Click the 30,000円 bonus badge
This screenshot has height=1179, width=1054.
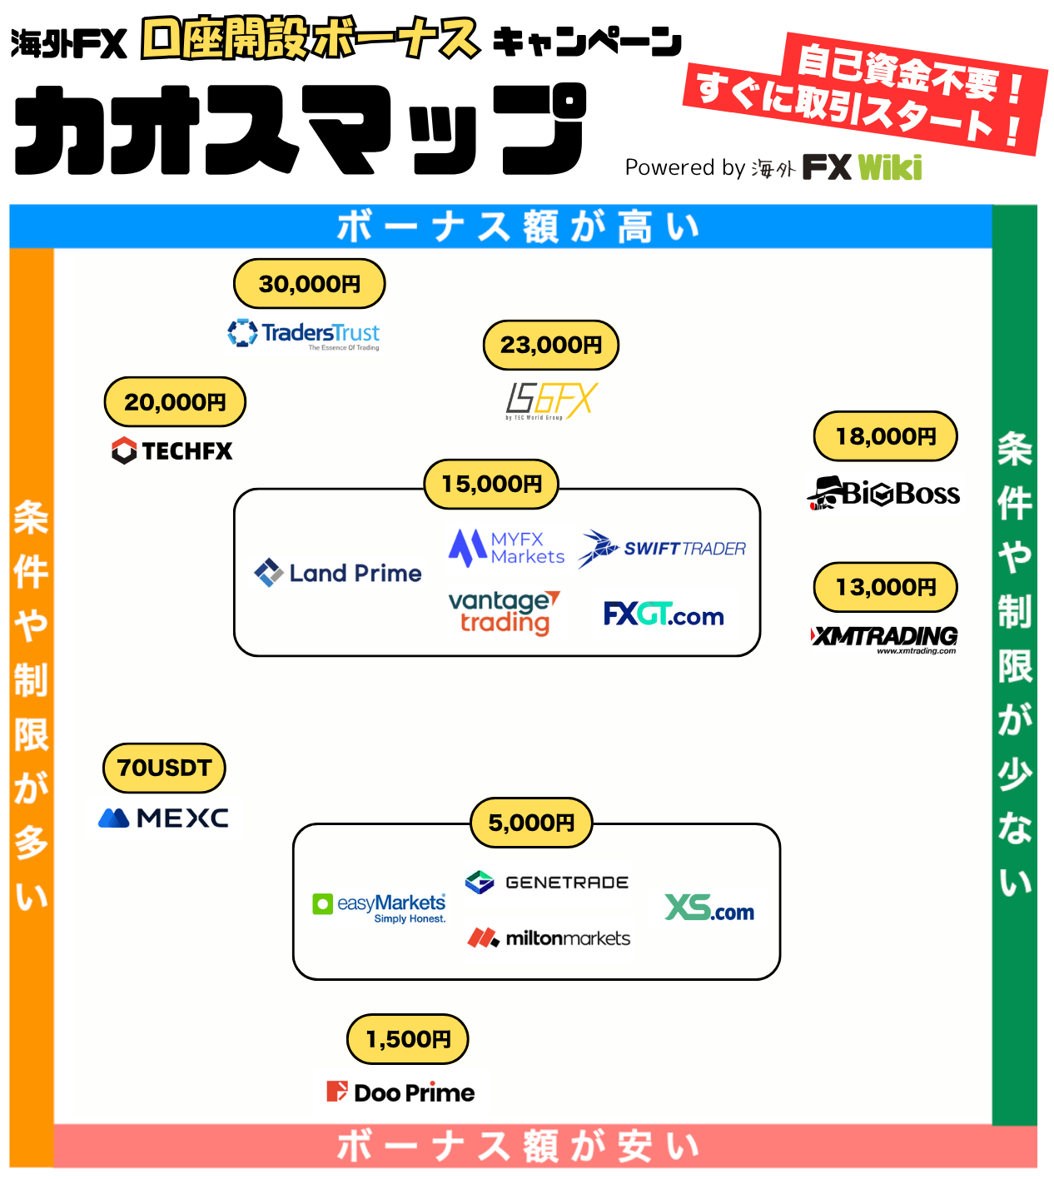[309, 283]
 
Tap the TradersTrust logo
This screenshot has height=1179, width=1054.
[303, 334]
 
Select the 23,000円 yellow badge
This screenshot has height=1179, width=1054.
[550, 345]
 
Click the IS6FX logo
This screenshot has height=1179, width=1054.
[551, 401]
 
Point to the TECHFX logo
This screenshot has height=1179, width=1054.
[172, 451]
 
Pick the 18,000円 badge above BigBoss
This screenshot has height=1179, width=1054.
[885, 435]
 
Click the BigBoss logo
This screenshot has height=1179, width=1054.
[882, 494]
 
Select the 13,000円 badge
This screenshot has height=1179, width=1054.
[885, 587]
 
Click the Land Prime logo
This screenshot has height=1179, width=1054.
[337, 573]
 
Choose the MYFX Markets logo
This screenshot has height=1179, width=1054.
[506, 548]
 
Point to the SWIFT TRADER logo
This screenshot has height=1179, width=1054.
[662, 548]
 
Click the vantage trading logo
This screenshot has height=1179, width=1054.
[504, 613]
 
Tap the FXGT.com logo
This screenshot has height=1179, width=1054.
[664, 614]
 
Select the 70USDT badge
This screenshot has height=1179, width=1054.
[164, 768]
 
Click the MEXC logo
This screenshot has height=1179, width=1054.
[163, 818]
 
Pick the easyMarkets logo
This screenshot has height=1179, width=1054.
[379, 908]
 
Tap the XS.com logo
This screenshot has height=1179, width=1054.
[708, 908]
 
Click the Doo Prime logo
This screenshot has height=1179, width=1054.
[400, 1092]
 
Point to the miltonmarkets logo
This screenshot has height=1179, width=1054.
[549, 938]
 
